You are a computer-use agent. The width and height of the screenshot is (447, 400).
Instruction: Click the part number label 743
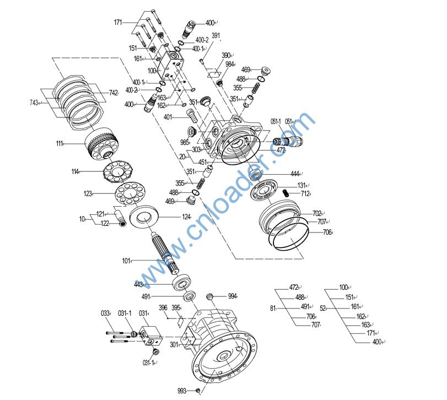point(34,103)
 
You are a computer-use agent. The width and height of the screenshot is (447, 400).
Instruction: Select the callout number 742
point(113,93)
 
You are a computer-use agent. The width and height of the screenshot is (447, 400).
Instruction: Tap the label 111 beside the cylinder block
point(60,143)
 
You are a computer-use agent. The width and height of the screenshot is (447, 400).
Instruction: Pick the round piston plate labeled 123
point(130,194)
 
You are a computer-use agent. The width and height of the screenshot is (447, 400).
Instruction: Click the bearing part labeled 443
point(182,284)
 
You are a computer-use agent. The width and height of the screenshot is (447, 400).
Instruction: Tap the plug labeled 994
point(209,298)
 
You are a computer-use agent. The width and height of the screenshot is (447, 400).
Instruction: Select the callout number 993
point(182,391)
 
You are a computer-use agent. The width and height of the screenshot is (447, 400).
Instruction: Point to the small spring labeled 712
point(287,192)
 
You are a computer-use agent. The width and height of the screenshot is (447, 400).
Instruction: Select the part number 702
point(316,213)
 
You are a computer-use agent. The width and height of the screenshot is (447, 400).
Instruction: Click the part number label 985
point(185,142)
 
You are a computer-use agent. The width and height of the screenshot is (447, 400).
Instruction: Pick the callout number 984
point(230,64)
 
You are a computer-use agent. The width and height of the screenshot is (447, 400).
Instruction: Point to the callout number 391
point(216,36)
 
